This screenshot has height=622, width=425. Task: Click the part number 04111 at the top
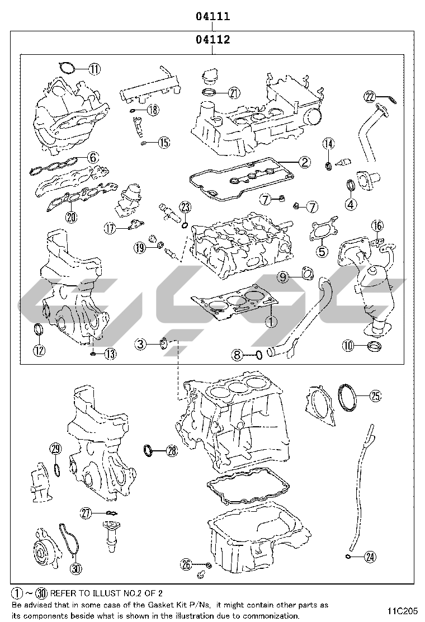[212, 16]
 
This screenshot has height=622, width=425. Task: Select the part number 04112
[212, 40]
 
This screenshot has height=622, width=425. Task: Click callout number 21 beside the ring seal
[233, 93]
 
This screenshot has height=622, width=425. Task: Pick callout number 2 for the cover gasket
[304, 162]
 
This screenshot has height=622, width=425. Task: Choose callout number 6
[93, 157]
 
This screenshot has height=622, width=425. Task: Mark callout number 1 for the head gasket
[270, 321]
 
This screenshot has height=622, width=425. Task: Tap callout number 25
[375, 395]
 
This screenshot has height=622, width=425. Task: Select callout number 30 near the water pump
[76, 568]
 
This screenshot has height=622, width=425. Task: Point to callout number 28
[171, 450]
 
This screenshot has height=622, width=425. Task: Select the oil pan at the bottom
[257, 537]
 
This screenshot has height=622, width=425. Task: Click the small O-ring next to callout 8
[258, 354]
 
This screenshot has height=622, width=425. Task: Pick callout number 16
[377, 226]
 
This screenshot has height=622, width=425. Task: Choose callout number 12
[39, 351]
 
